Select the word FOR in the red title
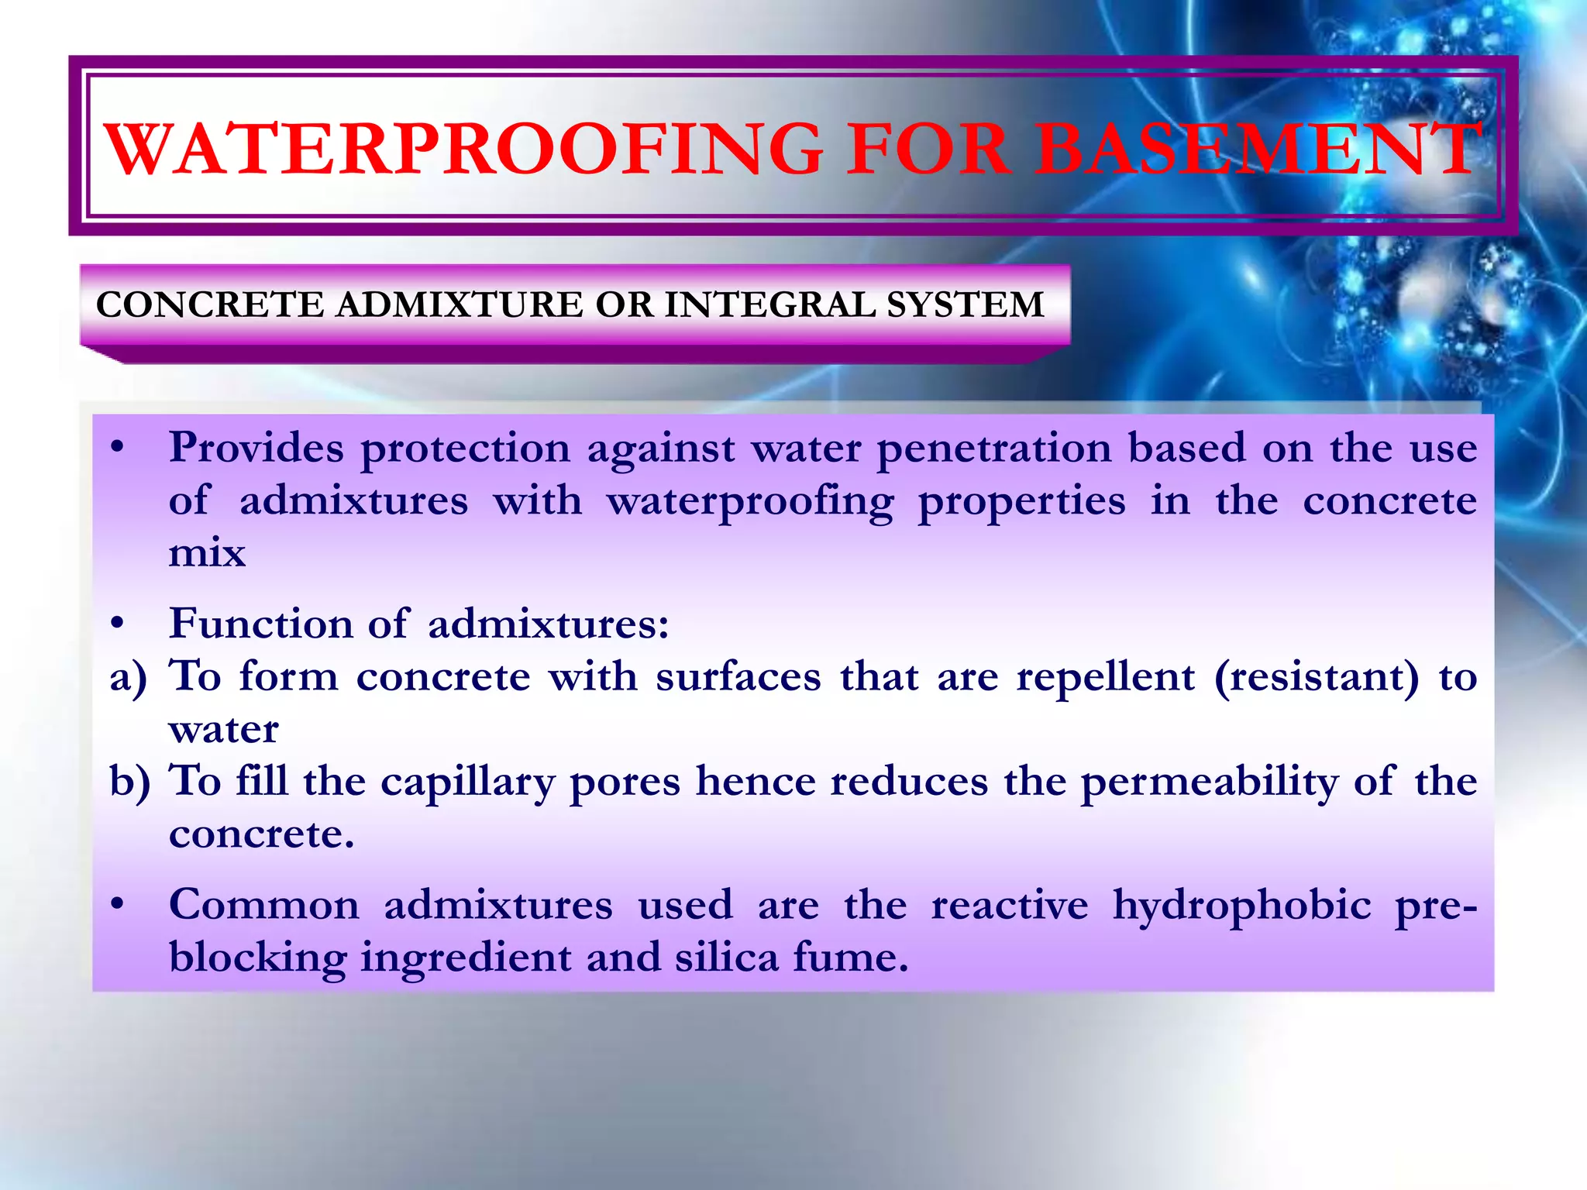click(x=929, y=149)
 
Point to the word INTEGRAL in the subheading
click(x=770, y=304)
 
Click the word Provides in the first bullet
click(x=256, y=449)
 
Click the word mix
click(x=207, y=553)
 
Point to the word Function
click(x=260, y=624)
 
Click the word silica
click(x=726, y=958)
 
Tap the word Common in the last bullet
click(x=264, y=905)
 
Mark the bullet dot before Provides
click(x=117, y=448)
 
